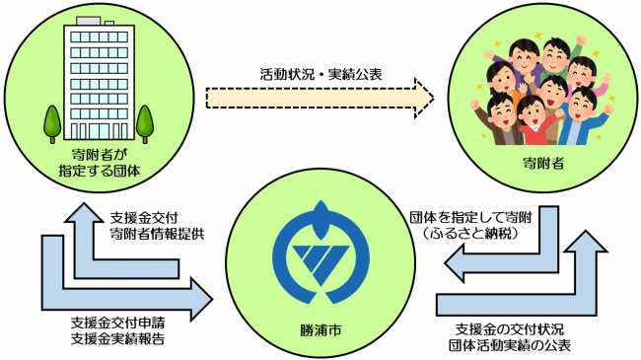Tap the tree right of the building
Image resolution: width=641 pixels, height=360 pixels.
144,121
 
